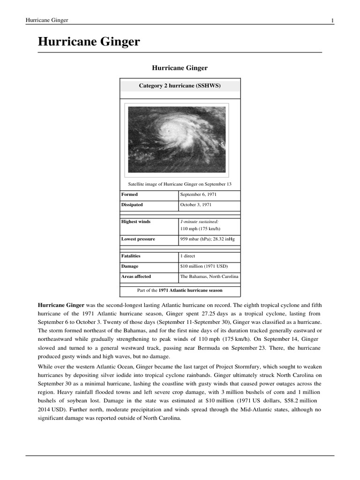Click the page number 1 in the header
click(332, 20)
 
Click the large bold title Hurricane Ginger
click(89, 42)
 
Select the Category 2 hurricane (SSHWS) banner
click(180, 86)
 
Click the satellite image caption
click(180, 184)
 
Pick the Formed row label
click(129, 194)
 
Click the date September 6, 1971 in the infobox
click(198, 194)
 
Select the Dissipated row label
click(132, 205)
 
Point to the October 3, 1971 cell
click(196, 205)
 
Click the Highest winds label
click(136, 221)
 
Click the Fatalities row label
click(131, 256)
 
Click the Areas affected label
click(136, 277)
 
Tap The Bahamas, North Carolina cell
click(209, 277)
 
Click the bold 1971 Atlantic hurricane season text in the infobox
click(190, 290)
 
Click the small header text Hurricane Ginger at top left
click(46, 20)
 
